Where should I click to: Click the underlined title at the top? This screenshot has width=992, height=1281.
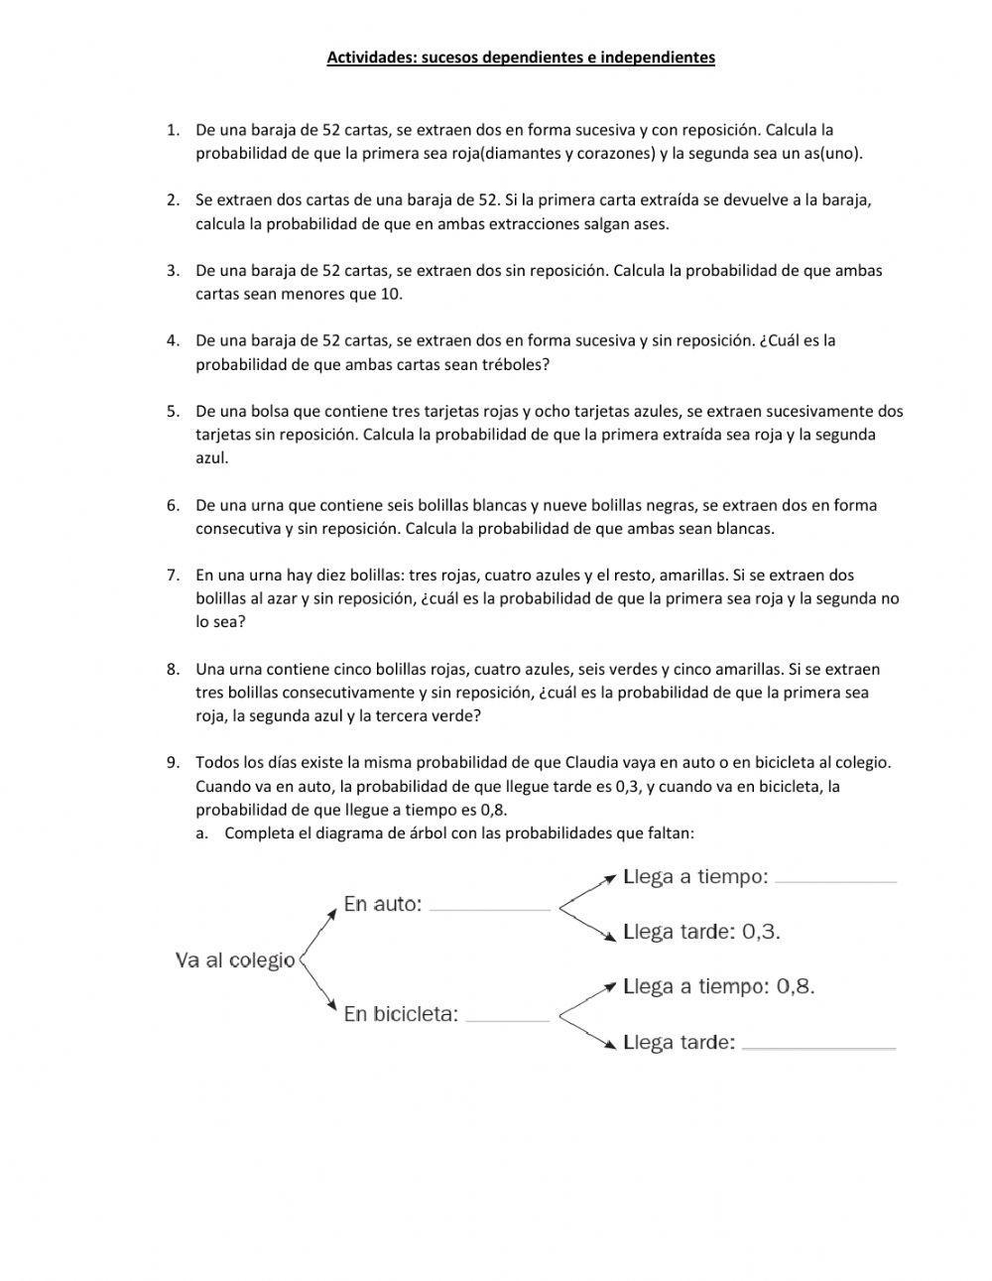(521, 58)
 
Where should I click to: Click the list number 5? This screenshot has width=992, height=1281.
(173, 411)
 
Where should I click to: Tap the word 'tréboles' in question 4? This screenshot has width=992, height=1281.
(514, 364)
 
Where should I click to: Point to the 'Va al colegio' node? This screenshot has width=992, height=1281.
(235, 961)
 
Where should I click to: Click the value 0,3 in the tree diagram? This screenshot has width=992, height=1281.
(761, 932)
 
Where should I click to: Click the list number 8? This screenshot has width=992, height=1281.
(173, 669)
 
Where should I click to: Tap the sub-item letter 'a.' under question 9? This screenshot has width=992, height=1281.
(202, 833)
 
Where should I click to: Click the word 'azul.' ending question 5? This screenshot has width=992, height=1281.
(212, 457)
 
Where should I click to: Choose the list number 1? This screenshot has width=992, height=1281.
(173, 130)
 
